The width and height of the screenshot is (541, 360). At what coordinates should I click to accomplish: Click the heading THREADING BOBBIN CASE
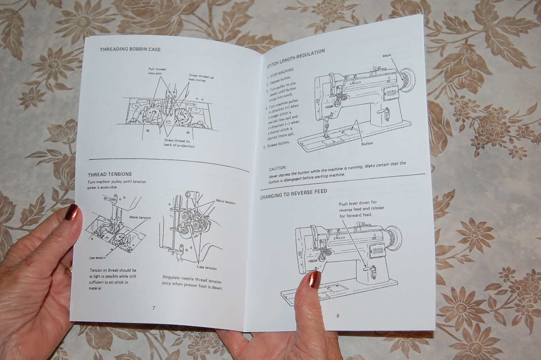coord(130,49)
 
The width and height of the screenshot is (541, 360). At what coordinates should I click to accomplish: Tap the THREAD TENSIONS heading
coord(110,174)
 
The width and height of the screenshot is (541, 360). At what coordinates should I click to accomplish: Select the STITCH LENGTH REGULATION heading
coord(296,58)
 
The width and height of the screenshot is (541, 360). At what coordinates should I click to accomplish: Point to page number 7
coord(154,308)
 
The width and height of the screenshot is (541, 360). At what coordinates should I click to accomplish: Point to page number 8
coord(338,316)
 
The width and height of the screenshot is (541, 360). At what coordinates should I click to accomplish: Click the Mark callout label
coord(387,56)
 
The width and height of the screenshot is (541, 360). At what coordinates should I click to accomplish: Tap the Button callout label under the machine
coord(367,143)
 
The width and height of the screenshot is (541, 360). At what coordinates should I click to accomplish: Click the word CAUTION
coord(278,168)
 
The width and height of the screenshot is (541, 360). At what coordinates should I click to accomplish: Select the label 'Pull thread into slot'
coord(157,71)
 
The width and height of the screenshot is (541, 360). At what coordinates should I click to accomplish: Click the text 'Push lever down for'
coord(358,203)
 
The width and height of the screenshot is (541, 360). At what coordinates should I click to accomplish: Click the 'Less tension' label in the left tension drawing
coord(97,258)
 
